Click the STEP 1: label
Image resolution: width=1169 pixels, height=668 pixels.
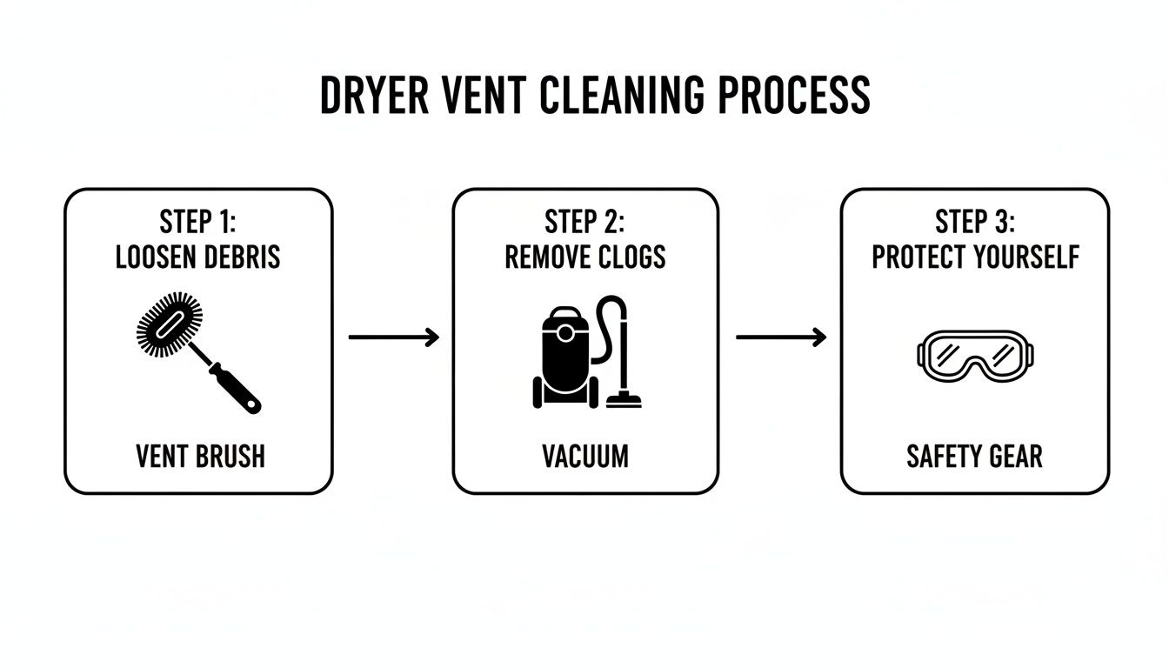pos(198,223)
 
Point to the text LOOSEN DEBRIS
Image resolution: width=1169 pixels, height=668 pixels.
pos(198,258)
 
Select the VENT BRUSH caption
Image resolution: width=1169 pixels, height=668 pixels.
pos(200,457)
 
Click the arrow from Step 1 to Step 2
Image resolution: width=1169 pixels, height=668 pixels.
pos(394,337)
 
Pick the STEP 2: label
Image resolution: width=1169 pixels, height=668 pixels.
pos(584,223)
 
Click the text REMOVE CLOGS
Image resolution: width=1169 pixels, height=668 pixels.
pos(585,258)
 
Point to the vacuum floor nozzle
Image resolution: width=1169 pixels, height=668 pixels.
pos(624,401)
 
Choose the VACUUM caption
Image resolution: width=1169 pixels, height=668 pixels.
pos(585,457)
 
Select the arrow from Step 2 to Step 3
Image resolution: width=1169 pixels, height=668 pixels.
pos(781,337)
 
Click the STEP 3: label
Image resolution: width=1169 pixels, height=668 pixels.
pos(975,223)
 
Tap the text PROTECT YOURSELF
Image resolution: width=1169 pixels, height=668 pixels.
pos(975,258)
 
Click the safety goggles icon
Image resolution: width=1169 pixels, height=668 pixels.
pos(979,355)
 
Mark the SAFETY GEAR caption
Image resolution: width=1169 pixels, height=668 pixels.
pos(974,457)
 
